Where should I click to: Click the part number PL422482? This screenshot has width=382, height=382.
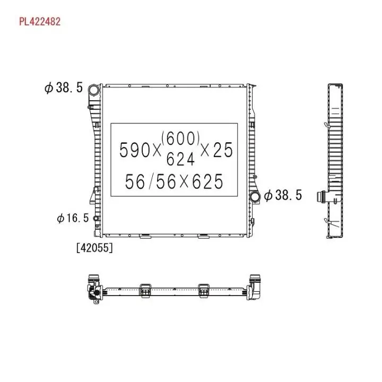pyautogui.click(x=40, y=22)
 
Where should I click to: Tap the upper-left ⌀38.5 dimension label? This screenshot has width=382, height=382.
pyautogui.click(x=64, y=88)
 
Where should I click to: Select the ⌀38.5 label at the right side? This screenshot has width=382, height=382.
pyautogui.click(x=283, y=195)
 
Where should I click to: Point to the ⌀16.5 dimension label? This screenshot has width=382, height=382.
pyautogui.click(x=73, y=218)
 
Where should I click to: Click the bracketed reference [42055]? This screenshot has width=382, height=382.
pyautogui.click(x=94, y=248)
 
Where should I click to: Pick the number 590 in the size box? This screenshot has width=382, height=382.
pyautogui.click(x=135, y=150)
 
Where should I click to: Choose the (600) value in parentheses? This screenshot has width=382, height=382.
pyautogui.click(x=180, y=138)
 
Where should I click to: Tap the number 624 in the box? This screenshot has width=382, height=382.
pyautogui.click(x=180, y=159)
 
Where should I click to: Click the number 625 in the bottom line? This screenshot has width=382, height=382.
pyautogui.click(x=207, y=181)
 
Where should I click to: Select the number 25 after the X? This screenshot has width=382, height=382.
pyautogui.click(x=223, y=150)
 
